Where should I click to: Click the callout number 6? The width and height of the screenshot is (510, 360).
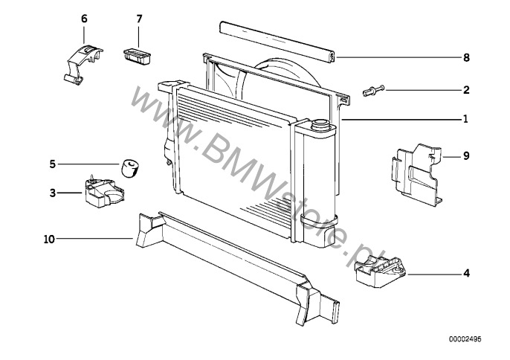(x=84, y=19)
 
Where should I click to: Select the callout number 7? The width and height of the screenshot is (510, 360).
(x=139, y=19)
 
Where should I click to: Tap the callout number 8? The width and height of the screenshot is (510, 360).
(x=466, y=57)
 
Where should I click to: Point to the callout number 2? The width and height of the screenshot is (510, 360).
(x=466, y=90)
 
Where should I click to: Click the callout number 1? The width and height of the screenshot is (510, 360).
(x=465, y=119)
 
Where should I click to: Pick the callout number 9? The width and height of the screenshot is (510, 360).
(x=466, y=156)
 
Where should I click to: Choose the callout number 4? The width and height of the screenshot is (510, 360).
(x=466, y=273)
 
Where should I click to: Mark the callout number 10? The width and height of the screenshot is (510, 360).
(x=49, y=240)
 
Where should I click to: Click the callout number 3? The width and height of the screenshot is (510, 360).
(x=53, y=193)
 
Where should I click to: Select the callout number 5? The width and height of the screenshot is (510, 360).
(x=53, y=164)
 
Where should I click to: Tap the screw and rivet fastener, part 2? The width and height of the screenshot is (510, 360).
(x=374, y=91)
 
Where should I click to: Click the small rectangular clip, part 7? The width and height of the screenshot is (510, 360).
(x=138, y=57)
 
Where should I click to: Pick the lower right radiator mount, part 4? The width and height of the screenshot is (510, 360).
(x=380, y=271)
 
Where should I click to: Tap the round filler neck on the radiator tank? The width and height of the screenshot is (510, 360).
(x=320, y=124)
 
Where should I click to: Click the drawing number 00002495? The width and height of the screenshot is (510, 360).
(x=465, y=339)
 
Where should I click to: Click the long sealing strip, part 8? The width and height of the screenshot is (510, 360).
(x=278, y=42)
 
